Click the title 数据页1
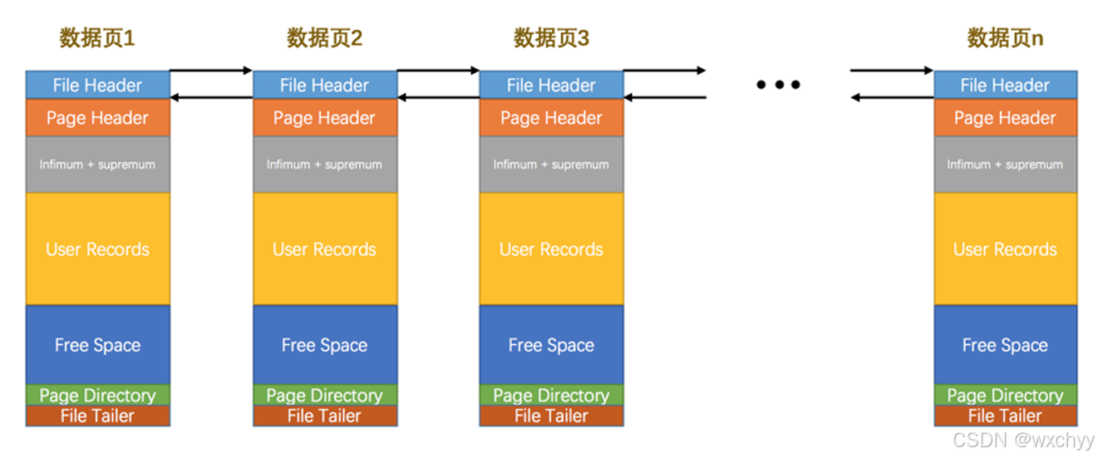click(97, 38)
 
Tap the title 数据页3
click(551, 38)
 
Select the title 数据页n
click(1005, 38)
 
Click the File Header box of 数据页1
click(97, 85)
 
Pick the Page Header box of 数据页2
click(324, 118)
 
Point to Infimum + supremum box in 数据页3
click(551, 165)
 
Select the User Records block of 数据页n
click(1005, 249)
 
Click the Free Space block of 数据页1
click(97, 345)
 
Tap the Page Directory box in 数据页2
click(324, 395)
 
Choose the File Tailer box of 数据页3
click(551, 416)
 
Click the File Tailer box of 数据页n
click(1005, 416)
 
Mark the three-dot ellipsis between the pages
click(778, 84)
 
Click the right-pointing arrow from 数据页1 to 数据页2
click(211, 71)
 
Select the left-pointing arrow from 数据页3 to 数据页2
click(438, 98)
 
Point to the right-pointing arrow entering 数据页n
click(891, 71)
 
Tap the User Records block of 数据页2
click(324, 249)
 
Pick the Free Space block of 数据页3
click(551, 345)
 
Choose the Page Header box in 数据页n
click(1005, 118)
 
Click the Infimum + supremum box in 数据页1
click(97, 165)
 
